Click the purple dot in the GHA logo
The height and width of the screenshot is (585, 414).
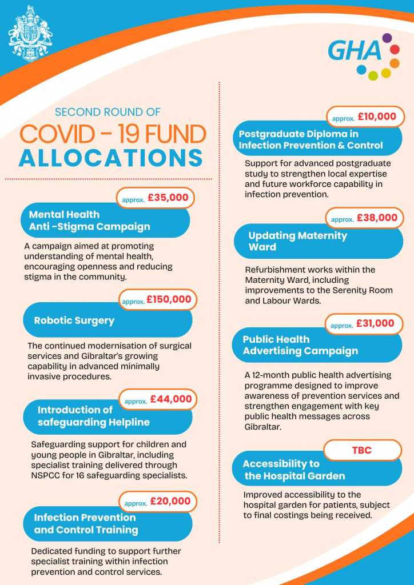pyautogui.click(x=387, y=38)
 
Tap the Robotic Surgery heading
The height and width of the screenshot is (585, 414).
pyautogui.click(x=74, y=320)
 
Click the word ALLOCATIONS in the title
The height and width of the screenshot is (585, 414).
pyautogui.click(x=111, y=158)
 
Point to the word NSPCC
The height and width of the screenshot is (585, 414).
pyautogui.click(x=43, y=475)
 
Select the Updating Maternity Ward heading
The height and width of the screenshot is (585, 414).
pyautogui.click(x=297, y=241)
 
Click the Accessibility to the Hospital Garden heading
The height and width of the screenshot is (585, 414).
pyautogui.click(x=294, y=470)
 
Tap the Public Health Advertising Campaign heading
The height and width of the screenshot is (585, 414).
pyautogui.click(x=300, y=345)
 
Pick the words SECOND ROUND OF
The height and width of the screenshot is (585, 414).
pyautogui.click(x=108, y=112)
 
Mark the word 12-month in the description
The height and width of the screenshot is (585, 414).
pyautogui.click(x=275, y=375)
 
